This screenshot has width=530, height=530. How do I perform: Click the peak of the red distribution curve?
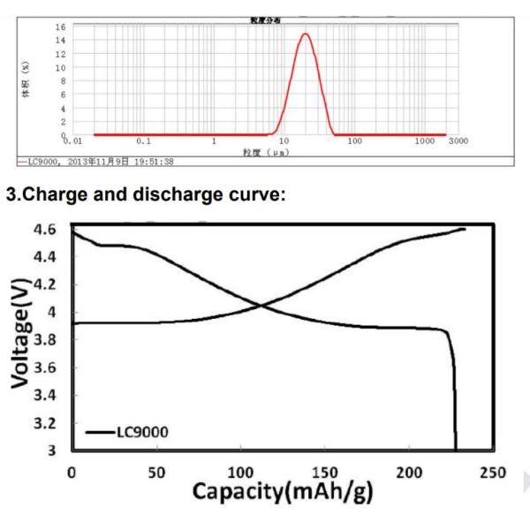coord(306,34)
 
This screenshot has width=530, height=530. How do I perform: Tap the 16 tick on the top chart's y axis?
coord(59,26)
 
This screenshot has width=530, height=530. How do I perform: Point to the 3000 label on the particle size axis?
coord(458,140)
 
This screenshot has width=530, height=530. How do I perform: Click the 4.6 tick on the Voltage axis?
coord(43,229)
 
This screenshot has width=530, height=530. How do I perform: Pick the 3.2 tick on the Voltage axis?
coord(43,422)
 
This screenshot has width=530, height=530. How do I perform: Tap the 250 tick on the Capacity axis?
coord(493,473)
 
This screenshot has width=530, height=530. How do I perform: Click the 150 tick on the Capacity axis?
coord(324,473)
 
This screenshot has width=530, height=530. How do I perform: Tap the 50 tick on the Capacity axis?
coord(156,473)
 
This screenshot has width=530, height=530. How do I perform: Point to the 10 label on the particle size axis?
coord(284,140)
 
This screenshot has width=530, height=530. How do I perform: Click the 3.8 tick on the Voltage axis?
coord(43,339)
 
